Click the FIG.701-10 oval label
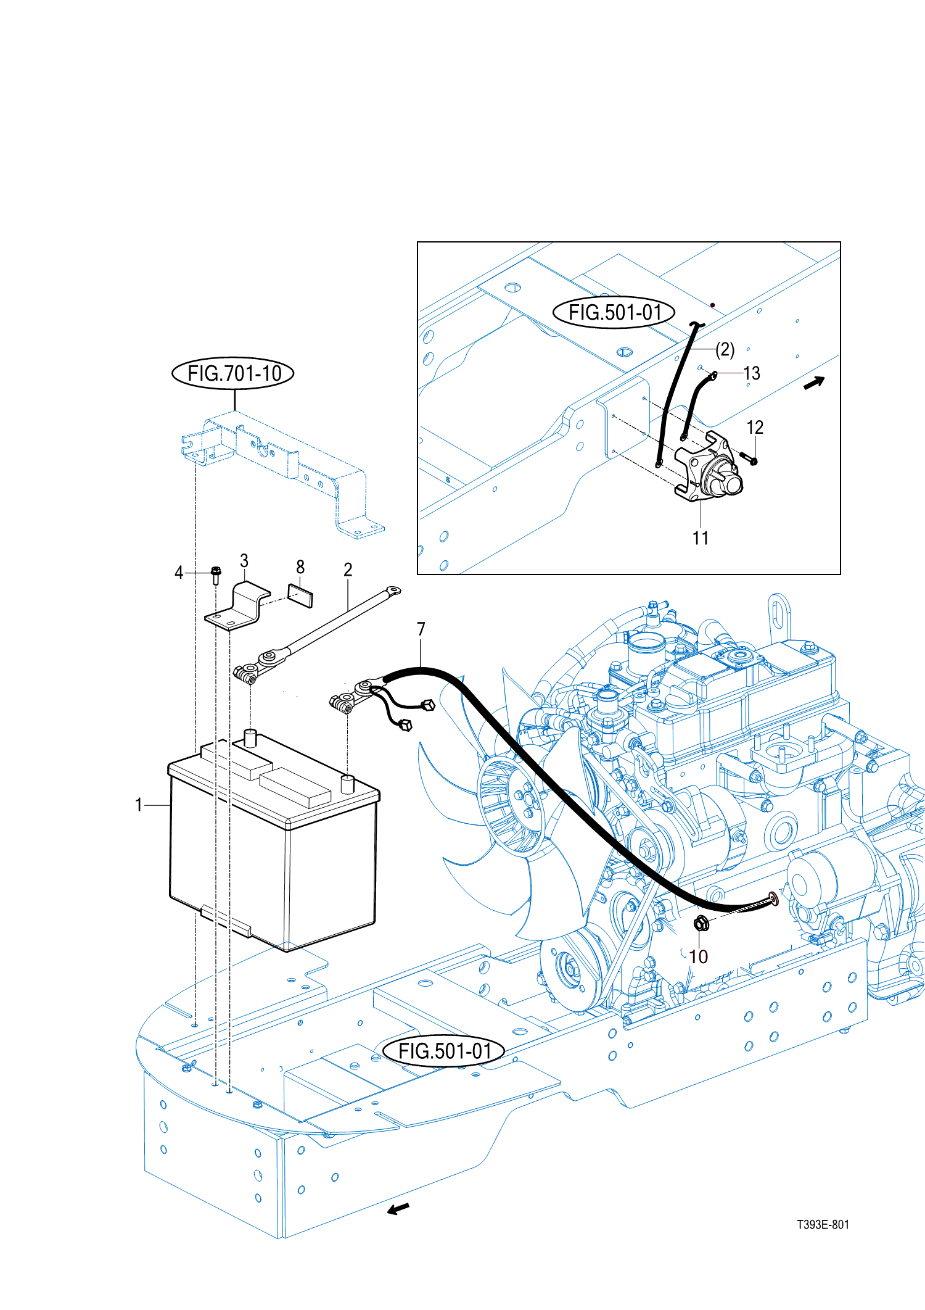232,373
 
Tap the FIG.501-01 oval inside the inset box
614,312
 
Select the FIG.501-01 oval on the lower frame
444,1051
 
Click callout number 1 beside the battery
139,805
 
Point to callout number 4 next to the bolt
179,573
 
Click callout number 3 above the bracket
244,560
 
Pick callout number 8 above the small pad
300,566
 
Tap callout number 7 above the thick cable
421,629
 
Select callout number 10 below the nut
698,956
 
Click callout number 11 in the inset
701,538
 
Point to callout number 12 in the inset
755,427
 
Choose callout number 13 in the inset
752,373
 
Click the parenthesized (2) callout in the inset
725,350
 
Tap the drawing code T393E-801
823,1225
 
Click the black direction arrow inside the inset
814,383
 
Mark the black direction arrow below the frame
398,1209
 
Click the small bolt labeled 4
216,575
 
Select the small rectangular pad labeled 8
300,596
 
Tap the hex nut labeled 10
701,924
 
